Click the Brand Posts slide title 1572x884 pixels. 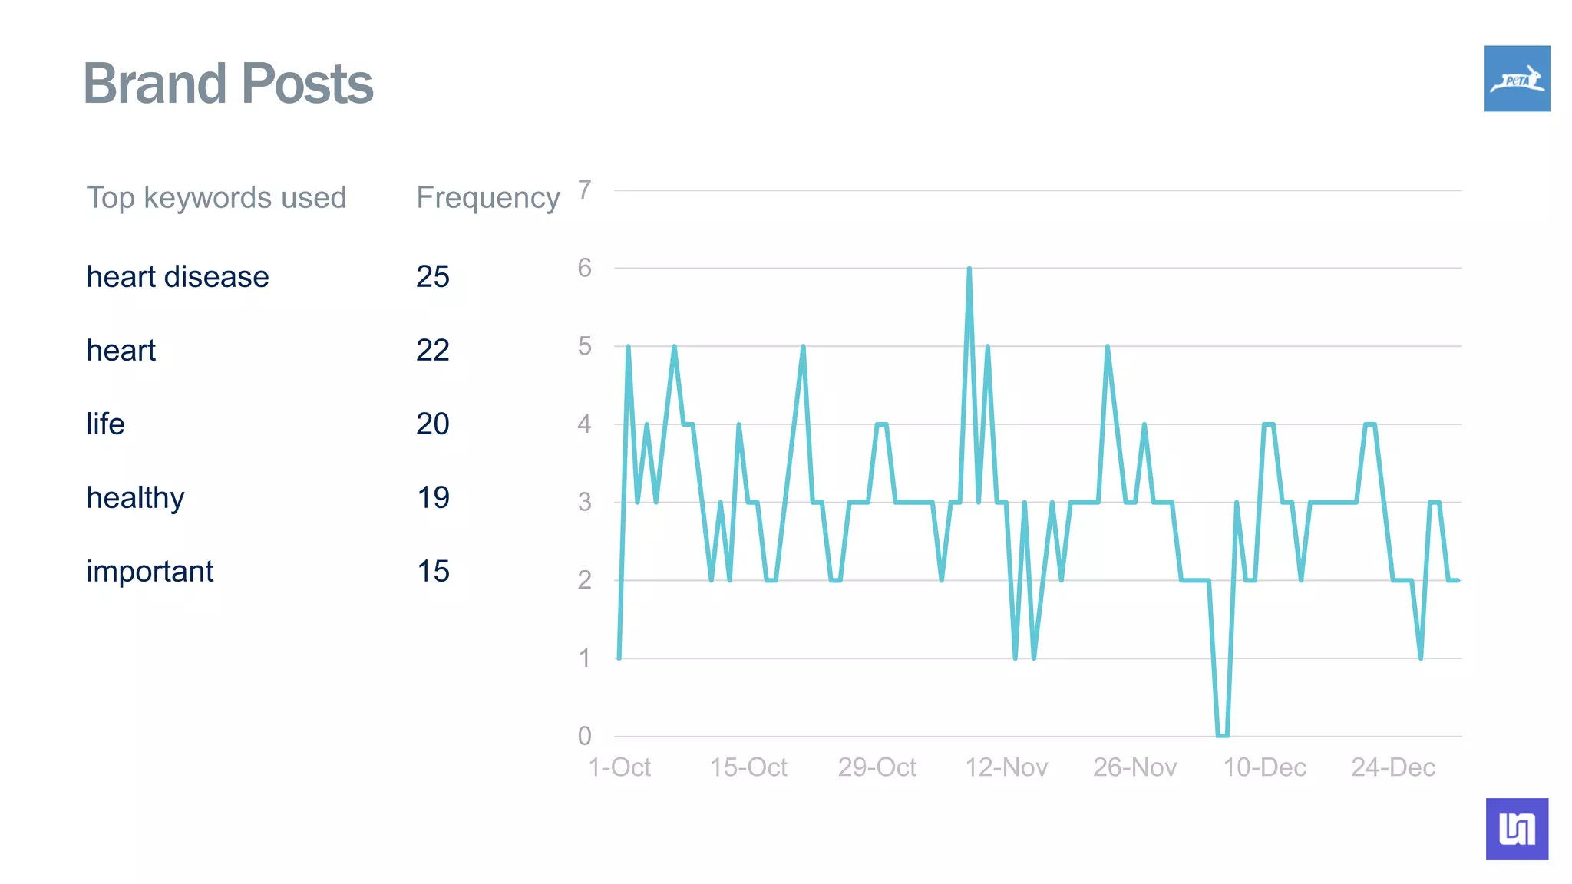228,84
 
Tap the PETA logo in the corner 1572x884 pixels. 1517,78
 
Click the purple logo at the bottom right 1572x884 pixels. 1517,829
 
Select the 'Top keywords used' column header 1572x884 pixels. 216,198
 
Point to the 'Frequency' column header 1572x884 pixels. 488,198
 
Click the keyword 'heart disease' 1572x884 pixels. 177,277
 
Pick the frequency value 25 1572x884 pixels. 433,277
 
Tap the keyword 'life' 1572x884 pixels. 105,424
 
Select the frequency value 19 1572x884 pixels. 433,498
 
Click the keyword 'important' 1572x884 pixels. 150,572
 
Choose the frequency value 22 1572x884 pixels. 433,351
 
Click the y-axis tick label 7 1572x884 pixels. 585,190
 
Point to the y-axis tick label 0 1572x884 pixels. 585,736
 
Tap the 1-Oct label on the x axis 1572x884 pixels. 619,767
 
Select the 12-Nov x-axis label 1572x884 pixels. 1006,767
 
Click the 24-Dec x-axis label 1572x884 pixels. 1393,767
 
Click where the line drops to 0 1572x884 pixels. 1222,735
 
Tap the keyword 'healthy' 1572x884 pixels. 135,498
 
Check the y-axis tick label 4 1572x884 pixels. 585,424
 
